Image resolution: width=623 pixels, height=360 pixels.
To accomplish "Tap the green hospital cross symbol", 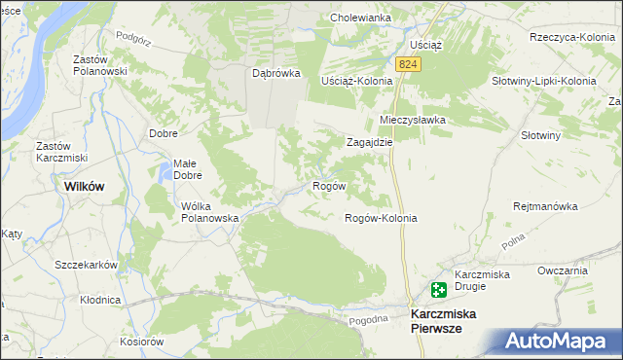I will point(439,289).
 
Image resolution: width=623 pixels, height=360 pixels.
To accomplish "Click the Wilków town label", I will point(84,185).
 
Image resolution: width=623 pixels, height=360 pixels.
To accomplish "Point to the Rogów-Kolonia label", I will point(382,218).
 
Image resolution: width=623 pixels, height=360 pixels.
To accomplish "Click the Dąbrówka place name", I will point(276,73).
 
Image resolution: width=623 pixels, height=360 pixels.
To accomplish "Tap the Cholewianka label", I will point(360,18).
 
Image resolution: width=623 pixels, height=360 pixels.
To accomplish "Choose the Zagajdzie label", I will point(370,141).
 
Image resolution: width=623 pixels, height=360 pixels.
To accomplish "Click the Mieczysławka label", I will point(412,120).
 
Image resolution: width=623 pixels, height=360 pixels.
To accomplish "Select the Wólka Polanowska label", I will point(210,212).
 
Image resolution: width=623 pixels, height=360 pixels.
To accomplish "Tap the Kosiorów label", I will point(142,341).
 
